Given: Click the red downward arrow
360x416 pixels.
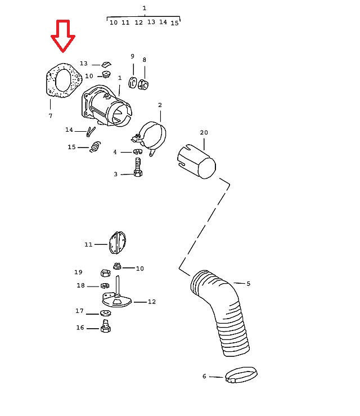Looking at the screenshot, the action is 63,36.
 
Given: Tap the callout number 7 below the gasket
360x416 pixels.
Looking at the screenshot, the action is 51,115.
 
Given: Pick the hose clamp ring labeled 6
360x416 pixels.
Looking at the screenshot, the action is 241,374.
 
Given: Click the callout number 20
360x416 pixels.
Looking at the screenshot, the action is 204,132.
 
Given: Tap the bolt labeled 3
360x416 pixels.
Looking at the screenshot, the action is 138,167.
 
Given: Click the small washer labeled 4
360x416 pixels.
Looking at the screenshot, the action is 138,151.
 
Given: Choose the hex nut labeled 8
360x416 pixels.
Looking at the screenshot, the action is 143,84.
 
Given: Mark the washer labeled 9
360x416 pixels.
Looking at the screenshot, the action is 132,83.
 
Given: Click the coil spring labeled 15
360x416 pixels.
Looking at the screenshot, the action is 95,147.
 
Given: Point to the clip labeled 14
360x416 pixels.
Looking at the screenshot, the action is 91,131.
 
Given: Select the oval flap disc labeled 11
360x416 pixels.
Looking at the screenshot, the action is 117,243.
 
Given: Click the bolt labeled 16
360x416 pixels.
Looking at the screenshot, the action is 106,326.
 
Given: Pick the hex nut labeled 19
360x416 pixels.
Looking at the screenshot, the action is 106,272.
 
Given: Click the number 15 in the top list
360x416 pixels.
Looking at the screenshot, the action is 174,23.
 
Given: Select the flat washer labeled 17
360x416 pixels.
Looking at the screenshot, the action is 106,313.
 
